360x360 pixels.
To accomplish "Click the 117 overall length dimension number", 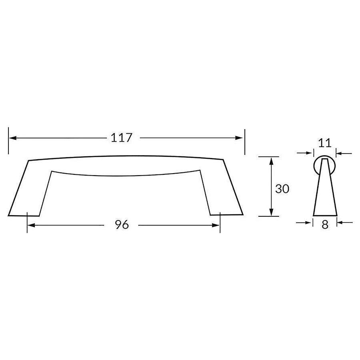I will point(121,138).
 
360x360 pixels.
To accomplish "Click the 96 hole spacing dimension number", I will point(122,225).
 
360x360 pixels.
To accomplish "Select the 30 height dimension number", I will point(282,189).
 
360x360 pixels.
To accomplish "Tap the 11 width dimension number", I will point(324,143).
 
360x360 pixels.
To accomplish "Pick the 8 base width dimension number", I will point(325,225).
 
